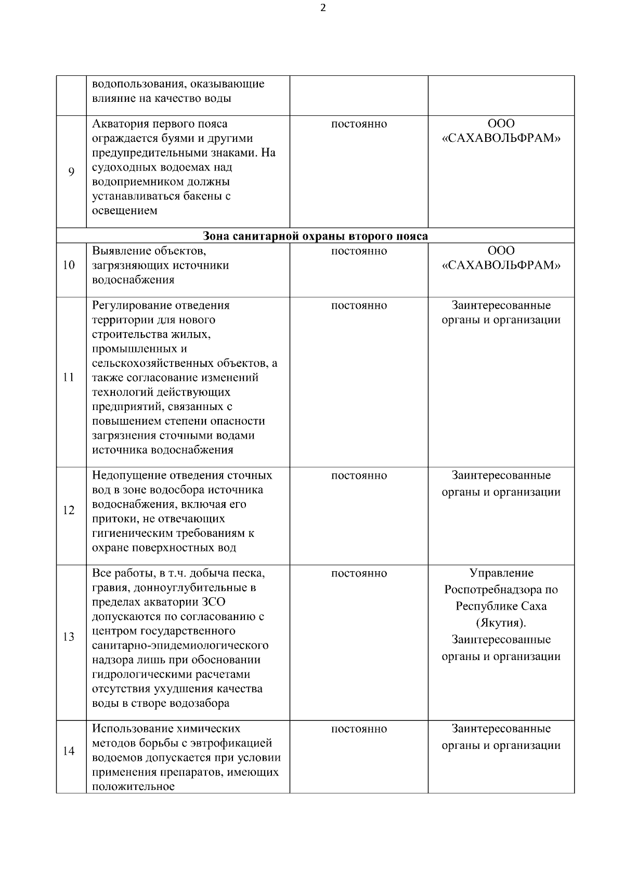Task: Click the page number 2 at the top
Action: coord(323,8)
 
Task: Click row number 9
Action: coord(71,172)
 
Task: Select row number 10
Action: coord(69,266)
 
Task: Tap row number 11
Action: coord(69,377)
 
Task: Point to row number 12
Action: coord(69,510)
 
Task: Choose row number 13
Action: coord(69,637)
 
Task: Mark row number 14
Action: coord(69,751)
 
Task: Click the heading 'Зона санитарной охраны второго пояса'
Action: coord(315,236)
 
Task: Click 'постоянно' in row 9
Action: coord(359,124)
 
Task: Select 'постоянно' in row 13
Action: coord(359,573)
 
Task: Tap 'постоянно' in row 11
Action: coord(359,306)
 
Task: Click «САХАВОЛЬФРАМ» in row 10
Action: coord(501,266)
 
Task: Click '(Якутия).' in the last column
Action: coord(501,623)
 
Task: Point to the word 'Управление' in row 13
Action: coord(501,573)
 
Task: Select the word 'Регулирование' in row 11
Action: coord(131,306)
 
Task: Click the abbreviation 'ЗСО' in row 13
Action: coord(214,602)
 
